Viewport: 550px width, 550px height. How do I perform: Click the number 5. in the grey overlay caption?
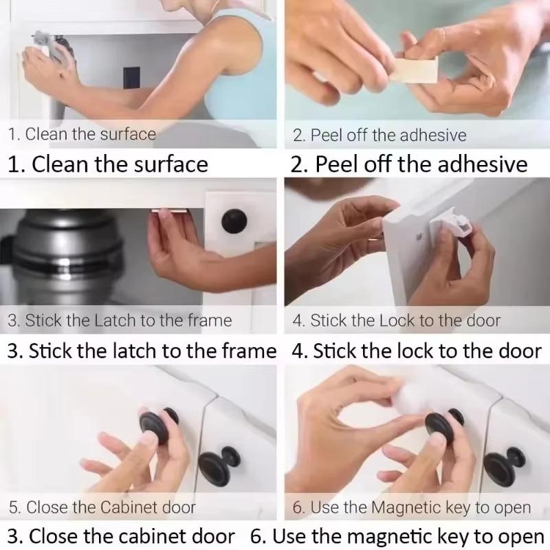[x=15, y=508]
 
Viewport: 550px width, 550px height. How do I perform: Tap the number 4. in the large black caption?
[x=300, y=351]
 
